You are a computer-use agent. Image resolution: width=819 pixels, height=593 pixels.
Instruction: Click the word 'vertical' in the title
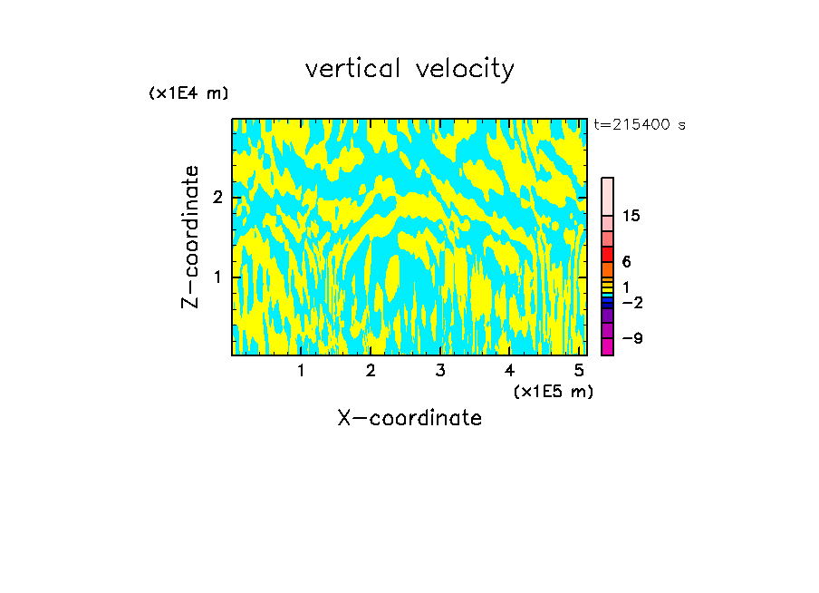(x=352, y=69)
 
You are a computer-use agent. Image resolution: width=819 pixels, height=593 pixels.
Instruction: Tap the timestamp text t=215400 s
(x=640, y=124)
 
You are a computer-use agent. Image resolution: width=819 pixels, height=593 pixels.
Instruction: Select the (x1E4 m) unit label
(x=188, y=93)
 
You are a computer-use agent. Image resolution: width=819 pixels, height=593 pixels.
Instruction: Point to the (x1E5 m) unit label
(x=553, y=391)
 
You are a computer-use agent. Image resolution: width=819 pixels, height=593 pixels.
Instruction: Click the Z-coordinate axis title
(x=190, y=237)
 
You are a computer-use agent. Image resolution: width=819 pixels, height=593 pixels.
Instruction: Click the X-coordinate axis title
(x=409, y=418)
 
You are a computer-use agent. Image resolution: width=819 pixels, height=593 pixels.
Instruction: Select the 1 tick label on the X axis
(x=301, y=371)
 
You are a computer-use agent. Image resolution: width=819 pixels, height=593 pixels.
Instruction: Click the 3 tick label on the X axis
(x=439, y=371)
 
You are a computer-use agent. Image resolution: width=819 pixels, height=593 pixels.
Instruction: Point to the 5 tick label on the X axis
(x=579, y=371)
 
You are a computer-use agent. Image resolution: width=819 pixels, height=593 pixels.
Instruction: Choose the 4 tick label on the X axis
(x=509, y=371)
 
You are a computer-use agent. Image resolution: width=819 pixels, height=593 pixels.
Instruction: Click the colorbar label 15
(x=631, y=216)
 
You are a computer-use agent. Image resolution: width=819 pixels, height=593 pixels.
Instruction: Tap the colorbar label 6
(x=627, y=262)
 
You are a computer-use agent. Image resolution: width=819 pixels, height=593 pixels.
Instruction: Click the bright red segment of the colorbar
(x=607, y=254)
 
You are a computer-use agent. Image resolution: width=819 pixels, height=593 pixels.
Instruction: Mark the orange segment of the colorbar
(x=607, y=270)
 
